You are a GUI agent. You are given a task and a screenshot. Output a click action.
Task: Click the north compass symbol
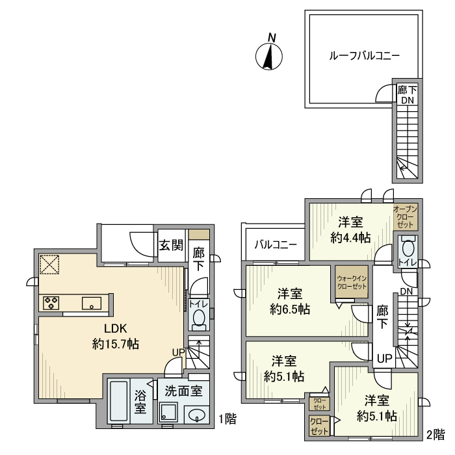click(269, 56)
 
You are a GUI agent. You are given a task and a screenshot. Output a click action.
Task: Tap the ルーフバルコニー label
click(365, 55)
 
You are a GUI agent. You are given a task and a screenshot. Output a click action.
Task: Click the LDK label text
click(116, 328)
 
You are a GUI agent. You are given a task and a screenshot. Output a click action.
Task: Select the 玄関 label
click(171, 246)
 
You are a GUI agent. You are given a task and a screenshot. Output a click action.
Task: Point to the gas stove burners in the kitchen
click(51, 303)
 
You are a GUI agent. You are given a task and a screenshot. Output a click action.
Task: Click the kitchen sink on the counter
click(92, 304)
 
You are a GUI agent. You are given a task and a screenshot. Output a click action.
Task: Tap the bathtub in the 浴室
click(119, 402)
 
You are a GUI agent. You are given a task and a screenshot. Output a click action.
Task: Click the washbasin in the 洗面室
click(197, 415)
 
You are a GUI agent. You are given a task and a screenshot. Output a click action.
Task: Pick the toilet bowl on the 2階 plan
click(408, 247)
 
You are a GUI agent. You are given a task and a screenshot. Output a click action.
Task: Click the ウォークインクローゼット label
click(352, 282)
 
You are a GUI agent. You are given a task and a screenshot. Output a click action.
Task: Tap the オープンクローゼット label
click(406, 216)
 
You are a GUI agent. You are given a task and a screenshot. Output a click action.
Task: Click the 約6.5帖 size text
click(290, 309)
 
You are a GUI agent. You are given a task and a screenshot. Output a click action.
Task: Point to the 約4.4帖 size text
click(350, 238)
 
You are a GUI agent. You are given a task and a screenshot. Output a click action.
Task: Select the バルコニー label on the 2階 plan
click(276, 245)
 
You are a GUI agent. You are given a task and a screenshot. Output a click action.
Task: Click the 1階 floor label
click(227, 419)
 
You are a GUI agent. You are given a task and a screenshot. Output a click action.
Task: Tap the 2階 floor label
click(435, 435)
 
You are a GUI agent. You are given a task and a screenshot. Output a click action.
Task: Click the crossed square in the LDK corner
click(49, 265)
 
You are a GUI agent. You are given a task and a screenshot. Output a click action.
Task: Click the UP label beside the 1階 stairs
click(179, 352)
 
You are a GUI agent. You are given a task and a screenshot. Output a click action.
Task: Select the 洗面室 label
click(184, 391)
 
